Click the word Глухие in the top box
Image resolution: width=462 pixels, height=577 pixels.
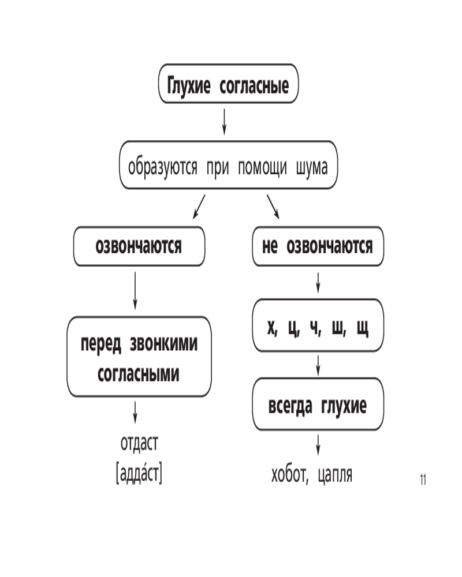189,85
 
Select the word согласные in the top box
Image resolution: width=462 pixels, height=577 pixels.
254,86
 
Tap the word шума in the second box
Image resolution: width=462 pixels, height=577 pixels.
312,168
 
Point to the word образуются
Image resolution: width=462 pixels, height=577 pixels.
162,167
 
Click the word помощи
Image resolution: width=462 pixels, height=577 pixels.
262,168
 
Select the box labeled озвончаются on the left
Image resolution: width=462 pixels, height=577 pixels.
139,246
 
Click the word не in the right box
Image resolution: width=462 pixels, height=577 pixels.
270,246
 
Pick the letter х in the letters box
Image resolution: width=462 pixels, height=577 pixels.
272,327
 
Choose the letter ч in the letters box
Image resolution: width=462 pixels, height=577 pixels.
315,327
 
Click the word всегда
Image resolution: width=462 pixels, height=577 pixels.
290,406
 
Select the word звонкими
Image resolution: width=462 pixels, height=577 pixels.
163,344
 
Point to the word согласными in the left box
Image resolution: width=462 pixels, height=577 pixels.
139,374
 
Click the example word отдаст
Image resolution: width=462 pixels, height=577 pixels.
139,443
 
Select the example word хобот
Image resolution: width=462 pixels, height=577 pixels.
289,474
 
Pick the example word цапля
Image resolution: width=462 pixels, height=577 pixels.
335,475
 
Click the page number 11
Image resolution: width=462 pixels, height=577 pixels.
423,480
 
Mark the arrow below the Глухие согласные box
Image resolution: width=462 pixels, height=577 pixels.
224,121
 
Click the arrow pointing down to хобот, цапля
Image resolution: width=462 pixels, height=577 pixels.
318,445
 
